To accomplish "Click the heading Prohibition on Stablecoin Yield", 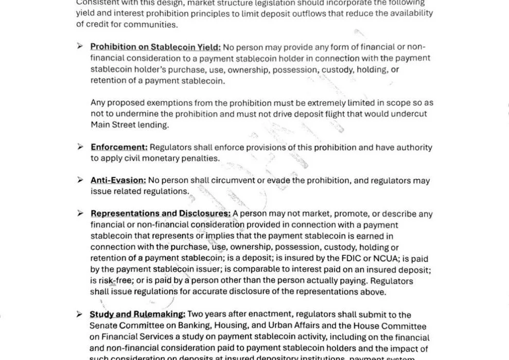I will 155,47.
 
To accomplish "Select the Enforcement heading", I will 119,148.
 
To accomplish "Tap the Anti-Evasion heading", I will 118,181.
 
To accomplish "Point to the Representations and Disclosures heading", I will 161,213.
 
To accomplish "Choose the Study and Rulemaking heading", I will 137,314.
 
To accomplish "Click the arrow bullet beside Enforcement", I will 80,147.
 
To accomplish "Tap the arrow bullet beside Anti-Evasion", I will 80,180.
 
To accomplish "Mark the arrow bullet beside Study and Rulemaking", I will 79,314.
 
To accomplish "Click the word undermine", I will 129,114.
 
